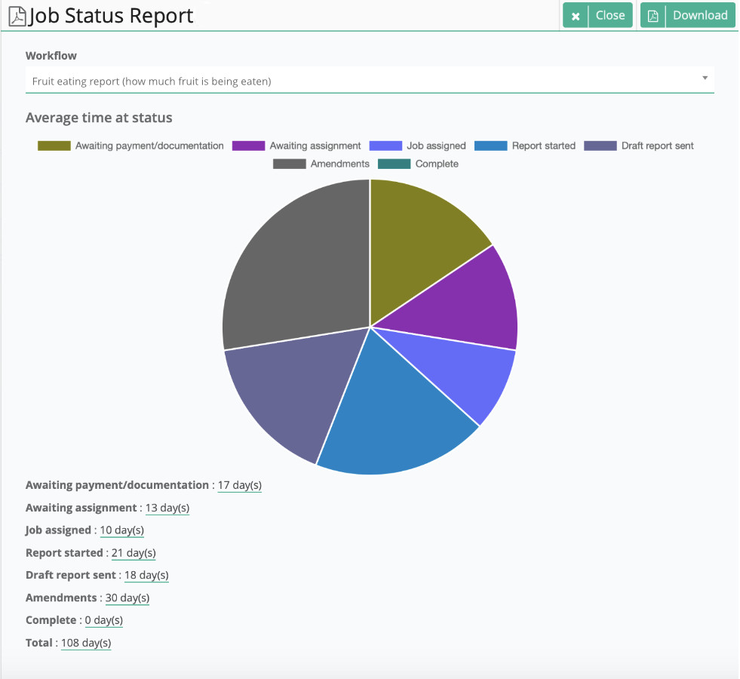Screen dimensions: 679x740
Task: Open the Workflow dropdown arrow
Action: pyautogui.click(x=705, y=78)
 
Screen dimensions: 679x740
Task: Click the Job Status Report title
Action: pyautogui.click(x=111, y=16)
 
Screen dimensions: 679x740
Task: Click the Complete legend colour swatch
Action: pyautogui.click(x=394, y=164)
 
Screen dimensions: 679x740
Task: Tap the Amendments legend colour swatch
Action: pyautogui.click(x=289, y=164)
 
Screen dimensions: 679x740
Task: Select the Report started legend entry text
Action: pyautogui.click(x=543, y=146)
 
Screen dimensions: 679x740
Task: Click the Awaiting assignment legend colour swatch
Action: pyautogui.click(x=248, y=146)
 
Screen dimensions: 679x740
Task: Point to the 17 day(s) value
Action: pyautogui.click(x=239, y=485)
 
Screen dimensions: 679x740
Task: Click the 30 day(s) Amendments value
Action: pyautogui.click(x=127, y=598)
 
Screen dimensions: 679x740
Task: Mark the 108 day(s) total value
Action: pyautogui.click(x=86, y=643)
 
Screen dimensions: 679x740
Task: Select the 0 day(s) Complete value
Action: pyautogui.click(x=103, y=620)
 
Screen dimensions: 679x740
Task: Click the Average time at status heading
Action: pyautogui.click(x=99, y=118)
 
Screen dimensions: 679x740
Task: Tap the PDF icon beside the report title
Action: pyautogui.click(x=17, y=16)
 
